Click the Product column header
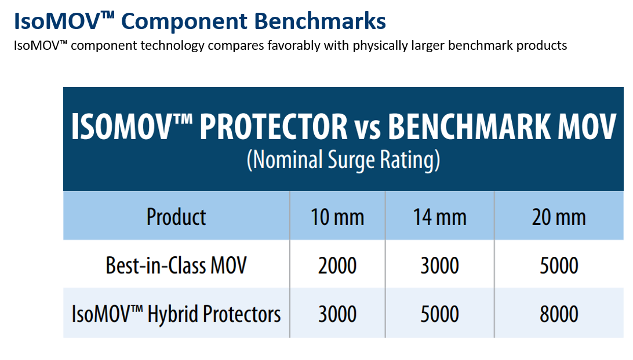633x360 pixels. (x=176, y=217)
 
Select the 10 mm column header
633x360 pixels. (x=337, y=217)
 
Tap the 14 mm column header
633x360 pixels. (x=439, y=217)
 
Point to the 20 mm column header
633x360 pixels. (x=559, y=217)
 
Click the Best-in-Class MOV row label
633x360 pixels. (x=176, y=265)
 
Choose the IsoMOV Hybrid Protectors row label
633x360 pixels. (x=176, y=314)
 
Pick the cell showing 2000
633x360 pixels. (x=337, y=266)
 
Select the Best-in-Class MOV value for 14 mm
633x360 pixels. (x=439, y=266)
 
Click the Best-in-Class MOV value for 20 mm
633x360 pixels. (x=559, y=266)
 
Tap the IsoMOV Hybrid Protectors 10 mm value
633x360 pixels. (x=337, y=314)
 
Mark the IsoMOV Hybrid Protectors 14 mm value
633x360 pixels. (x=439, y=314)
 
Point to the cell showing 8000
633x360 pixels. (x=559, y=314)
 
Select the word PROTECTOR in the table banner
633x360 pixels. (x=273, y=126)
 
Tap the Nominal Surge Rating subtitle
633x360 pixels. (x=343, y=160)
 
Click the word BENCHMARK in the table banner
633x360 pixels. (x=470, y=126)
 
